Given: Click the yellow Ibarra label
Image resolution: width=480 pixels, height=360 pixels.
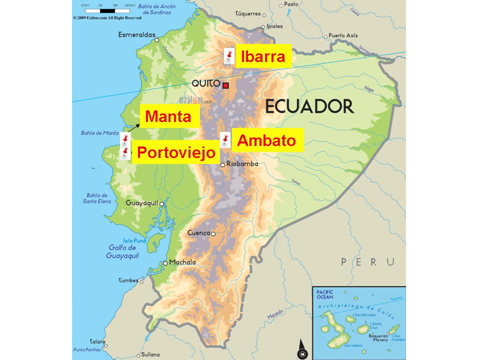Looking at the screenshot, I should pos(262,56).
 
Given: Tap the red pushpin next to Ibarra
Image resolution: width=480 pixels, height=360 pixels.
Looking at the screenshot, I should pos(229,55).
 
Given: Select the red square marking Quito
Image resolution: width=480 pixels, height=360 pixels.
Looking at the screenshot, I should pos(225,85).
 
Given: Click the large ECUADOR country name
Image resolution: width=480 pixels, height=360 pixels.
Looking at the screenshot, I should pos(309,106).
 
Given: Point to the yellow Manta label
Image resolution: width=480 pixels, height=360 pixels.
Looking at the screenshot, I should pos(168,117).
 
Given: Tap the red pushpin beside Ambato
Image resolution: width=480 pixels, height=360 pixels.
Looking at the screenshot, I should pos(225,139).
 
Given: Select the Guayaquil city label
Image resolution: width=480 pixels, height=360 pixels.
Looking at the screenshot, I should pos(141,203).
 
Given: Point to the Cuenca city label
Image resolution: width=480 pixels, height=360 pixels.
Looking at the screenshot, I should pos(198,233).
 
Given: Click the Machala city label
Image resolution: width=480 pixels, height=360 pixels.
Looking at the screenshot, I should pos(182,262).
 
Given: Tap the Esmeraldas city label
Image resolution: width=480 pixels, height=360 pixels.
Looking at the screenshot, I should pos(135,35).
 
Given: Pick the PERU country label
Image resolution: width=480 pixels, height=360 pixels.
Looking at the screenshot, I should pos(367,261).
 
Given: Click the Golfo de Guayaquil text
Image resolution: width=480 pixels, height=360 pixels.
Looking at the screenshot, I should pos(121,251).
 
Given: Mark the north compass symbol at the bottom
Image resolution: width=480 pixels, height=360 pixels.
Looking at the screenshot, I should pos(301,350).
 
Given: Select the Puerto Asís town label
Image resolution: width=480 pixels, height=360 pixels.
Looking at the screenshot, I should pos(343,35).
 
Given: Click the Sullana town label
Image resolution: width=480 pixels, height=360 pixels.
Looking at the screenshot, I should pos(150,354).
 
